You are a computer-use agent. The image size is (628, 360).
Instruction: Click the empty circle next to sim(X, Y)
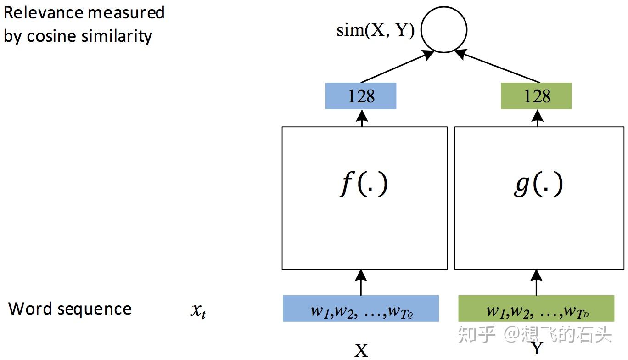tap(444, 30)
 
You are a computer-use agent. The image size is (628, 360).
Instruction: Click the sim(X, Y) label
tap(376, 31)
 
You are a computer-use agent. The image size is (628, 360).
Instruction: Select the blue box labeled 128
tap(361, 96)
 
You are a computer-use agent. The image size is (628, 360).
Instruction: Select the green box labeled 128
tap(536, 96)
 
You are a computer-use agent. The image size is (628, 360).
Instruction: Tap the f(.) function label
tap(364, 185)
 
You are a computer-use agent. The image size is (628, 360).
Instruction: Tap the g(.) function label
tap(538, 185)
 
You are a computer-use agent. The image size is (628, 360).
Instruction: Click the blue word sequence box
tap(361, 309)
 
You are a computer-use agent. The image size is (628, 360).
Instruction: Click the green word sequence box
tap(536, 309)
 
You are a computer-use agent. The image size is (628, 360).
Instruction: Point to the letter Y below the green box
tap(537, 349)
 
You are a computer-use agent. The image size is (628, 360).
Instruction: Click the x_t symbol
tap(198, 311)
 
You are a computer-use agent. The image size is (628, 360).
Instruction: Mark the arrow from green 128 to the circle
tap(498, 67)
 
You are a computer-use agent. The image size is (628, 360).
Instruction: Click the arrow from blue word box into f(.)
tap(361, 282)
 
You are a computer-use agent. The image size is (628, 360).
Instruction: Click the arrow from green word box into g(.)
tap(536, 282)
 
